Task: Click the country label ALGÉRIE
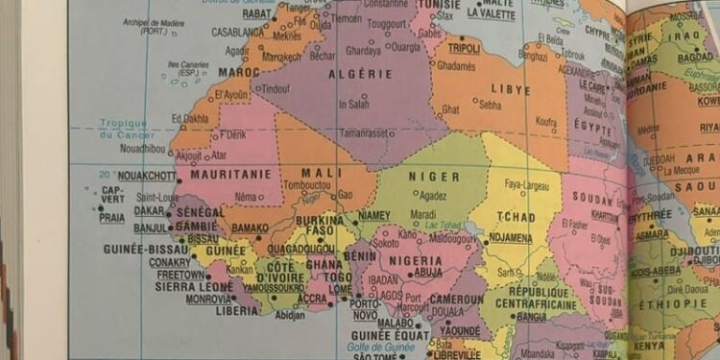point(361,74)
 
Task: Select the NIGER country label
point(434,177)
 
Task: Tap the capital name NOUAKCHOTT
point(148,176)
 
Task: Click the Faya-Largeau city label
point(526,185)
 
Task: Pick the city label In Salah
point(354,105)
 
